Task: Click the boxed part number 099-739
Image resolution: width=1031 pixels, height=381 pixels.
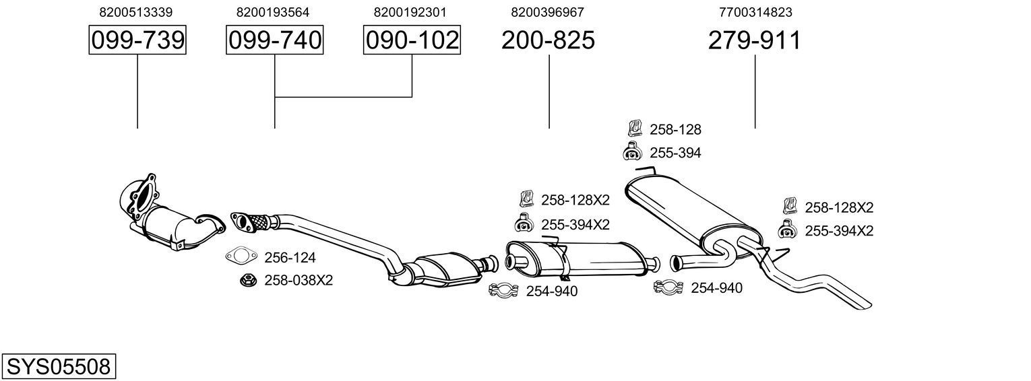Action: coord(137,40)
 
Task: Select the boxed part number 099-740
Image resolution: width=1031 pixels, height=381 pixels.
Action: coord(274,40)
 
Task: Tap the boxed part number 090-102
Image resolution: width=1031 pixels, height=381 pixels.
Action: coord(412,40)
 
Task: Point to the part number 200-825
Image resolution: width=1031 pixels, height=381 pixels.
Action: coord(548,40)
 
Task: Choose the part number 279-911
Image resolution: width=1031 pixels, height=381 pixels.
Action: coord(754,40)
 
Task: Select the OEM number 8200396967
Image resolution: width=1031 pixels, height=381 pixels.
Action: coord(548,12)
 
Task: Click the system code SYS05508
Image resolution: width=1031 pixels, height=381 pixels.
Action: coord(58,367)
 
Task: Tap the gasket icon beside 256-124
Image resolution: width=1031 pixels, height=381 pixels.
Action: coord(241,256)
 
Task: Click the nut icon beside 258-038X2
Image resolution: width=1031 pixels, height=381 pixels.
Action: coord(247,280)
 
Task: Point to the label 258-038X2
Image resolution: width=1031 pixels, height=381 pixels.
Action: coord(299,280)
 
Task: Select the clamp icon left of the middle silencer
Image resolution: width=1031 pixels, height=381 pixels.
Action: coord(503,291)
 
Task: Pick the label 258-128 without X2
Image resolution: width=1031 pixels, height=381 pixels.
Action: coord(675,130)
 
